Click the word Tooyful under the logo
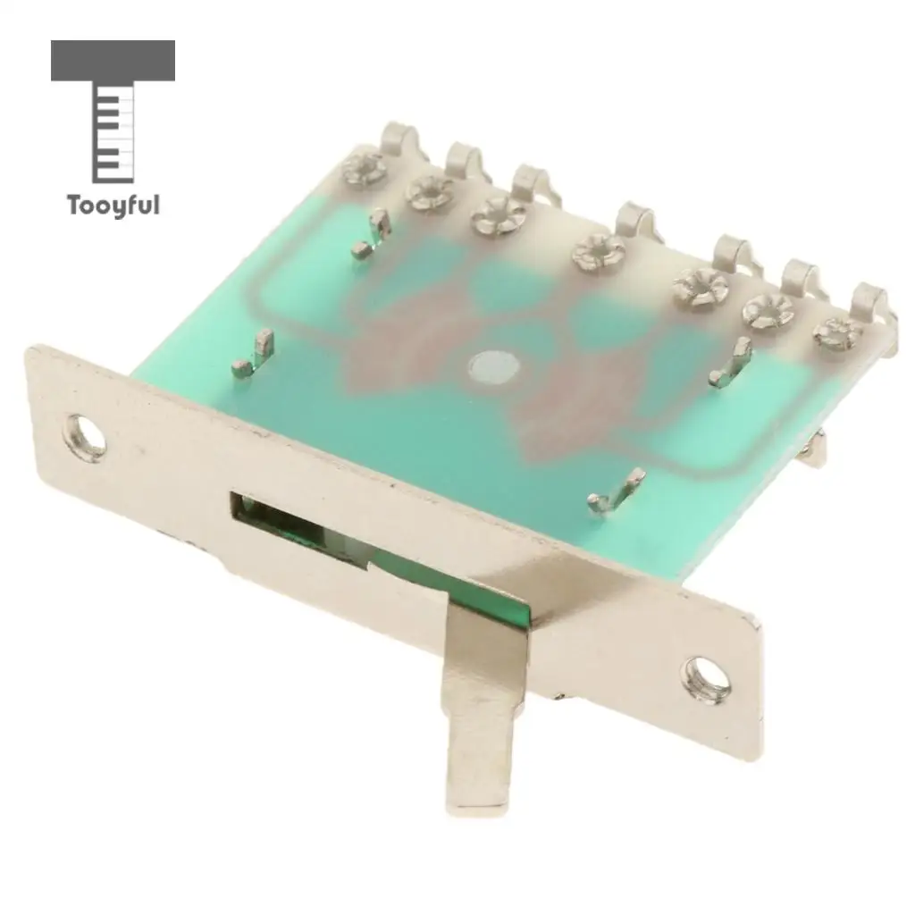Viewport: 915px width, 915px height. pyautogui.click(x=113, y=206)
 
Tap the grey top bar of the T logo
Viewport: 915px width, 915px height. pyautogui.click(x=113, y=60)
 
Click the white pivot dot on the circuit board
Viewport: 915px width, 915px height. pyautogui.click(x=493, y=367)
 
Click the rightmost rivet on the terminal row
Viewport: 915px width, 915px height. pyautogui.click(x=837, y=332)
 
